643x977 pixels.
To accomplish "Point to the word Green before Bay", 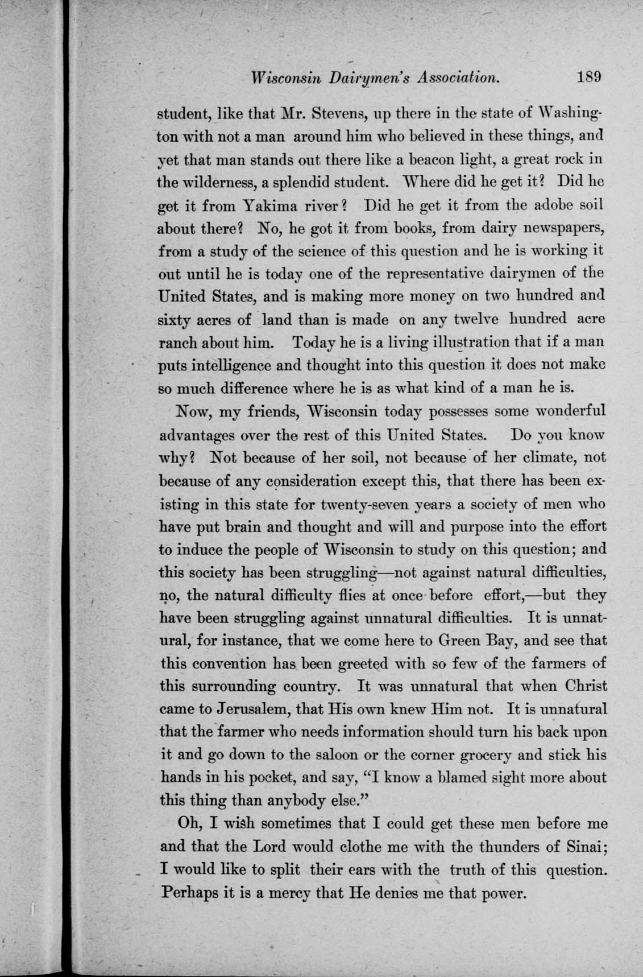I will pyautogui.click(x=464, y=641).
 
